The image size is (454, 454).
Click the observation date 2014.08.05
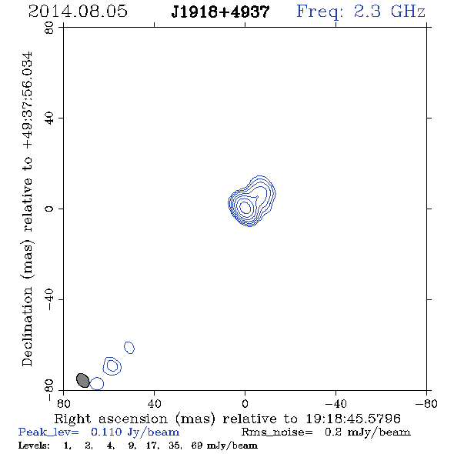coord(78,12)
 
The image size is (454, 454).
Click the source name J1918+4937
coord(220,12)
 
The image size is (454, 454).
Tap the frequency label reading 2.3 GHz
coord(389,12)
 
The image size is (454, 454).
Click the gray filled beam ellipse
coord(83,380)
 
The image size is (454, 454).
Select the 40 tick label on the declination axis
coord(49,119)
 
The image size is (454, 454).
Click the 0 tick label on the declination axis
coord(49,209)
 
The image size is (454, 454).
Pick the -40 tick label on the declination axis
coord(49,299)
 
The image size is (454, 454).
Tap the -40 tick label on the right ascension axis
coord(335,404)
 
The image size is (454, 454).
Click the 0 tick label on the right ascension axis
coord(245,404)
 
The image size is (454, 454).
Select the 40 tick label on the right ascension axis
coord(154,404)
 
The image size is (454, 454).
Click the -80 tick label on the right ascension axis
coord(426,404)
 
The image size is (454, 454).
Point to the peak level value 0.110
coord(106,432)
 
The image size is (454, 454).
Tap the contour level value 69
coord(197,445)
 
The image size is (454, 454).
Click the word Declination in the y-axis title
coord(27,326)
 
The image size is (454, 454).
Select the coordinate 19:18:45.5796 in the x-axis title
coord(353,419)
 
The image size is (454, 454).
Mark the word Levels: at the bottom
coord(34,445)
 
